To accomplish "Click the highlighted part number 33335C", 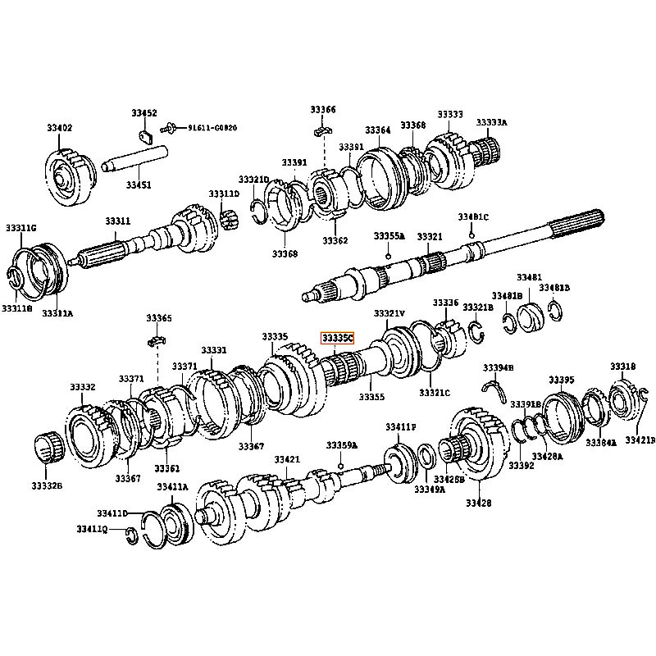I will [x=337, y=337].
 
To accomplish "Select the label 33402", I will [x=60, y=128].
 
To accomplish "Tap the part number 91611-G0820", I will [x=212, y=128].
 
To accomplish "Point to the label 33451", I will [x=138, y=185].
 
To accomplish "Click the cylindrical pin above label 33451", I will [x=136, y=156].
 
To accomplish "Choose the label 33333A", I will [x=492, y=123].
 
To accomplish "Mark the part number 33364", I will [x=378, y=130].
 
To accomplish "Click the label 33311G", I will [x=21, y=227].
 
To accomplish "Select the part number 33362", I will [x=335, y=241].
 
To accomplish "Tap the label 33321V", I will [x=389, y=314].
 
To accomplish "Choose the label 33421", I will [x=287, y=459].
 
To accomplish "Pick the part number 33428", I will [x=478, y=503].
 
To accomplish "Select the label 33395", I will [x=562, y=380].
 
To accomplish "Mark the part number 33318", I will [x=622, y=366].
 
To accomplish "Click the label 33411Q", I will [x=93, y=529].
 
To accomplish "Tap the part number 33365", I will [x=159, y=318].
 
